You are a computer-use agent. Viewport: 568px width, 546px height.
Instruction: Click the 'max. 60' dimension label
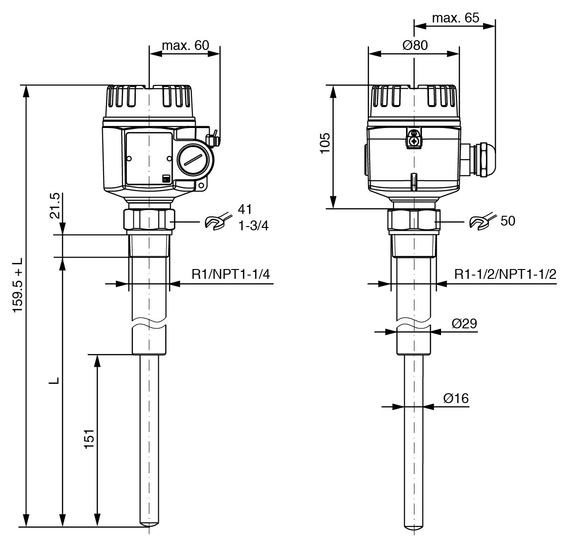point(185,45)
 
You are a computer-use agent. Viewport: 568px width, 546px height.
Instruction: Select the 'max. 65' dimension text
point(456,18)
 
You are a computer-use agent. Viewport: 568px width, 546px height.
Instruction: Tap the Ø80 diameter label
point(415,45)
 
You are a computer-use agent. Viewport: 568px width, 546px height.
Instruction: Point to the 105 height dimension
point(325,143)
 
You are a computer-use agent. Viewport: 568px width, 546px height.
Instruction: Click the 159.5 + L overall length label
point(18,285)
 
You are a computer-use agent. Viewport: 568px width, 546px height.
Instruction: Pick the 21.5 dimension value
point(55,206)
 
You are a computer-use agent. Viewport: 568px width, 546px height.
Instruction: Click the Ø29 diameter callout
point(464,323)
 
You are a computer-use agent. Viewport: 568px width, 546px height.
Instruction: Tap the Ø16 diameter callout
point(456,398)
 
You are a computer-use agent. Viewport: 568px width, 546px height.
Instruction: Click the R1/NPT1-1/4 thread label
point(231,274)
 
